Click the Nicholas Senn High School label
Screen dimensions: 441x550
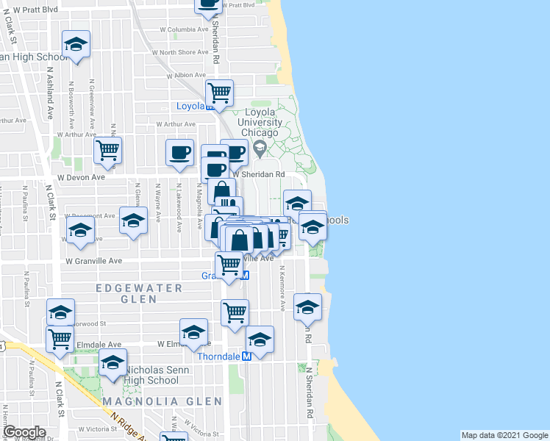coord(152,375)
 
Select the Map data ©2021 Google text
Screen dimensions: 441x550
coord(504,435)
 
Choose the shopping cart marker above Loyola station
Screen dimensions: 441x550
coord(219,93)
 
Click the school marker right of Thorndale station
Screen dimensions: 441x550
coord(260,340)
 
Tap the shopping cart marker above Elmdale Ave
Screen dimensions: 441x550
coord(60,339)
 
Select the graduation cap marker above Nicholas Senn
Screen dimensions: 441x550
coord(113,363)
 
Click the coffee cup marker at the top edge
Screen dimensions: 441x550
coord(208,4)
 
